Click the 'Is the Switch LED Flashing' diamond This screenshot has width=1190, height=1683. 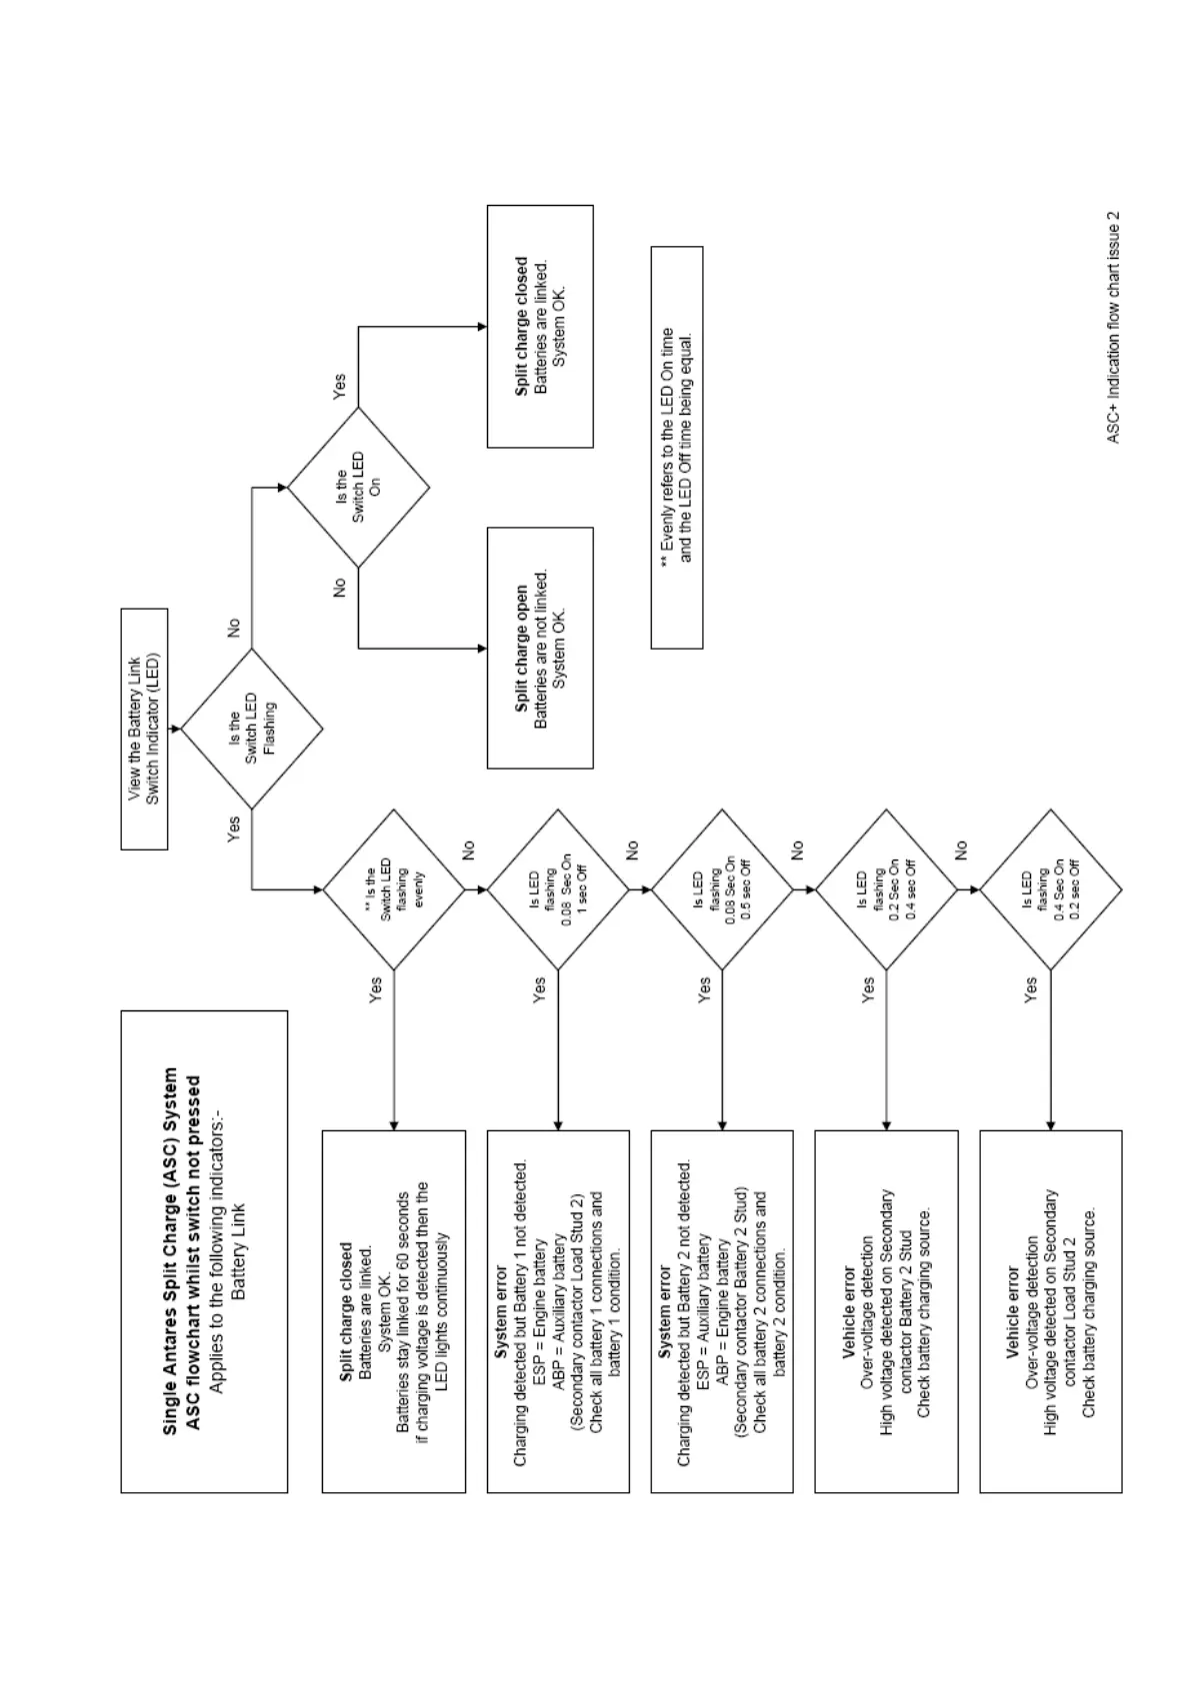coord(251,729)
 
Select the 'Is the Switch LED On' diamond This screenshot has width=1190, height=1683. coord(358,488)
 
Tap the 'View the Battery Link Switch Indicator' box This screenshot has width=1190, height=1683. coord(144,729)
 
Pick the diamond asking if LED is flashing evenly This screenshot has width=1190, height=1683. coord(393,888)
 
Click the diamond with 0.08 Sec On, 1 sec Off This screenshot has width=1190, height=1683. coord(557,888)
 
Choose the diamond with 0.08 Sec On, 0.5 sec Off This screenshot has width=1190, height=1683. coord(722,888)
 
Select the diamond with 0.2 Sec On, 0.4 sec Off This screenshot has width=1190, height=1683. coord(886,888)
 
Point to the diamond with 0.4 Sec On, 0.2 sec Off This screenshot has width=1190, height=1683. coord(1050,888)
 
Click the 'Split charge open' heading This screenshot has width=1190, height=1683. coord(521,649)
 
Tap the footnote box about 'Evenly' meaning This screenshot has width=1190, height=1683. coord(676,447)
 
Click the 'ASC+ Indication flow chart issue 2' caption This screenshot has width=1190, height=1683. coord(1113,327)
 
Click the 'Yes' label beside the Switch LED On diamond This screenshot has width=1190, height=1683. coord(338,387)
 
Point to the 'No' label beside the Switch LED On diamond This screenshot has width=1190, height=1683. coord(338,588)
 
